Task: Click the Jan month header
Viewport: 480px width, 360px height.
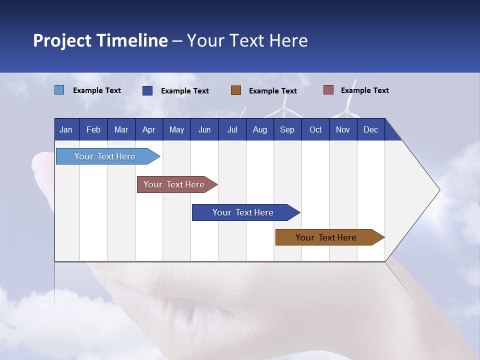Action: (x=66, y=129)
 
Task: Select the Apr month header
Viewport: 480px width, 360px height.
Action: (x=148, y=129)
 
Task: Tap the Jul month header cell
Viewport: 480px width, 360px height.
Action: (x=232, y=129)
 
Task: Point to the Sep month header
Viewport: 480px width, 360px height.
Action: (x=287, y=129)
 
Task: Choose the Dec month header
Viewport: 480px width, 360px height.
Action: (x=370, y=129)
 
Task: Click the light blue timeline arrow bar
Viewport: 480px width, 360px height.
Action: (x=105, y=156)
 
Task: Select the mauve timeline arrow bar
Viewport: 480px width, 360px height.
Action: (x=174, y=184)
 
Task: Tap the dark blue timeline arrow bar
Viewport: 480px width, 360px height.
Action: (x=243, y=212)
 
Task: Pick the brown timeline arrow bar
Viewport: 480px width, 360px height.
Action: (x=326, y=237)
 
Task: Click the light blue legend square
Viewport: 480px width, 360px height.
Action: (x=59, y=90)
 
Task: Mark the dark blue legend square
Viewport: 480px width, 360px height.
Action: (x=147, y=90)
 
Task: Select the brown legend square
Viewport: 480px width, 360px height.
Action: (x=236, y=90)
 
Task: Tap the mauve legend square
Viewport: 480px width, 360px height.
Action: (x=328, y=90)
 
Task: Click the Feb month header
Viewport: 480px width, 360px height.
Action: (x=93, y=129)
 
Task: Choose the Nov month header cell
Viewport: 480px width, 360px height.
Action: (x=343, y=129)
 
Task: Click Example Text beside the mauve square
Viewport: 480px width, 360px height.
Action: (x=364, y=90)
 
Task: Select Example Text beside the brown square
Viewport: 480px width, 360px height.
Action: (x=272, y=90)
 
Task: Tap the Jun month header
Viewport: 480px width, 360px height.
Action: (x=204, y=129)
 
